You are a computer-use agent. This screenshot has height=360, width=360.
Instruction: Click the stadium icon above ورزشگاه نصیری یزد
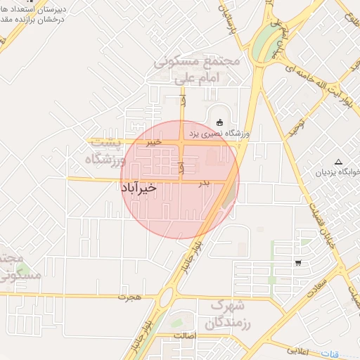219,122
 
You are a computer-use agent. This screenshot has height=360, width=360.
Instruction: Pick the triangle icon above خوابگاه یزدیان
339,161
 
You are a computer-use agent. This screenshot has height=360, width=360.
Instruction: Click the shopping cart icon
299,264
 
